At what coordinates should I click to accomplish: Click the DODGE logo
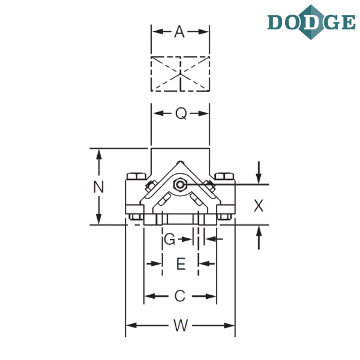tap(311, 22)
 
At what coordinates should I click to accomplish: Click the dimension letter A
tap(179, 32)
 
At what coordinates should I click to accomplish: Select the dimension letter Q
tap(181, 113)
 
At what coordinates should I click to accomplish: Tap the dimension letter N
tap(98, 187)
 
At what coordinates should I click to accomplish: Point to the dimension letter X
tap(259, 205)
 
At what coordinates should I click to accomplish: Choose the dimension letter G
tap(170, 239)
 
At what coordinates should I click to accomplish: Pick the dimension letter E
tap(181, 263)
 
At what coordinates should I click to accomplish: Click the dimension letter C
tap(180, 296)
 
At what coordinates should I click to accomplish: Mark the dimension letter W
tap(181, 325)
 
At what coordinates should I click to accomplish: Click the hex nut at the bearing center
tap(180, 184)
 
